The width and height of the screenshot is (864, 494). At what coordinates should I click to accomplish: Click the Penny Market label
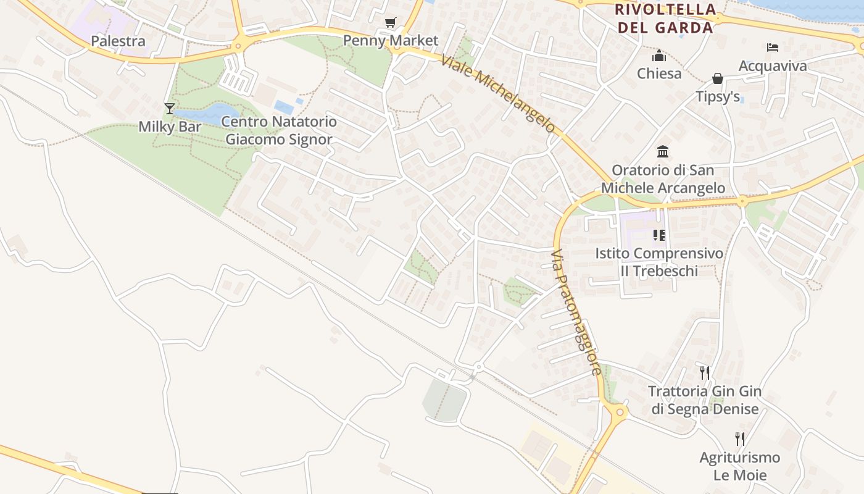click(x=391, y=41)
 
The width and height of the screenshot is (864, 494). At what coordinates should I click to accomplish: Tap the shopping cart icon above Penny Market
click(x=390, y=23)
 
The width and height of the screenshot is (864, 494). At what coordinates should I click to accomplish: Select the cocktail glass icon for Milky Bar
click(x=170, y=109)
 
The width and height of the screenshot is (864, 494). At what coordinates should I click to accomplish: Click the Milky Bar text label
click(x=170, y=127)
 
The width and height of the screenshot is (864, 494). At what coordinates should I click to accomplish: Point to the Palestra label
click(x=118, y=41)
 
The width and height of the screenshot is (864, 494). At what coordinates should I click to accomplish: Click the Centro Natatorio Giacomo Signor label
click(x=279, y=130)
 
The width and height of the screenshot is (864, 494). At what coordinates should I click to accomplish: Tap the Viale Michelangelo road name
click(x=499, y=93)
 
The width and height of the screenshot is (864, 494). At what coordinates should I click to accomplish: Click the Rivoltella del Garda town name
click(x=665, y=19)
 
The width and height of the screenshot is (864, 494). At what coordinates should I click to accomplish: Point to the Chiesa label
click(x=659, y=73)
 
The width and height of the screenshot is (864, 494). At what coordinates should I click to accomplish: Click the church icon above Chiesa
click(x=659, y=56)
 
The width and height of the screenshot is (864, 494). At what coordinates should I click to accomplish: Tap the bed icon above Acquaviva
click(x=773, y=48)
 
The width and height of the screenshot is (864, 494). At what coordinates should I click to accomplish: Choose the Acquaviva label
click(x=773, y=66)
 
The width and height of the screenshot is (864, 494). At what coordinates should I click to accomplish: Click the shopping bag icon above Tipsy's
click(x=718, y=78)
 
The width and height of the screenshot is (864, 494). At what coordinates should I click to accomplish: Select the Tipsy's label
click(x=718, y=97)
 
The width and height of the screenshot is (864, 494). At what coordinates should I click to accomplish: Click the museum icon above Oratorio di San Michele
click(x=663, y=151)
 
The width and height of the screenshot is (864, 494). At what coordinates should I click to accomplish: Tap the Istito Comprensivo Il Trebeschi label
click(x=659, y=262)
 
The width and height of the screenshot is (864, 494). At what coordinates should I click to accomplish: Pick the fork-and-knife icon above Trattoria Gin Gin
click(x=705, y=372)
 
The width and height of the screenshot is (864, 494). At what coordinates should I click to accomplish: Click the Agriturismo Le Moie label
click(x=740, y=466)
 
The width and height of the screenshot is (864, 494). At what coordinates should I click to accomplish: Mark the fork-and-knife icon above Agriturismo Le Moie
click(x=740, y=439)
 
